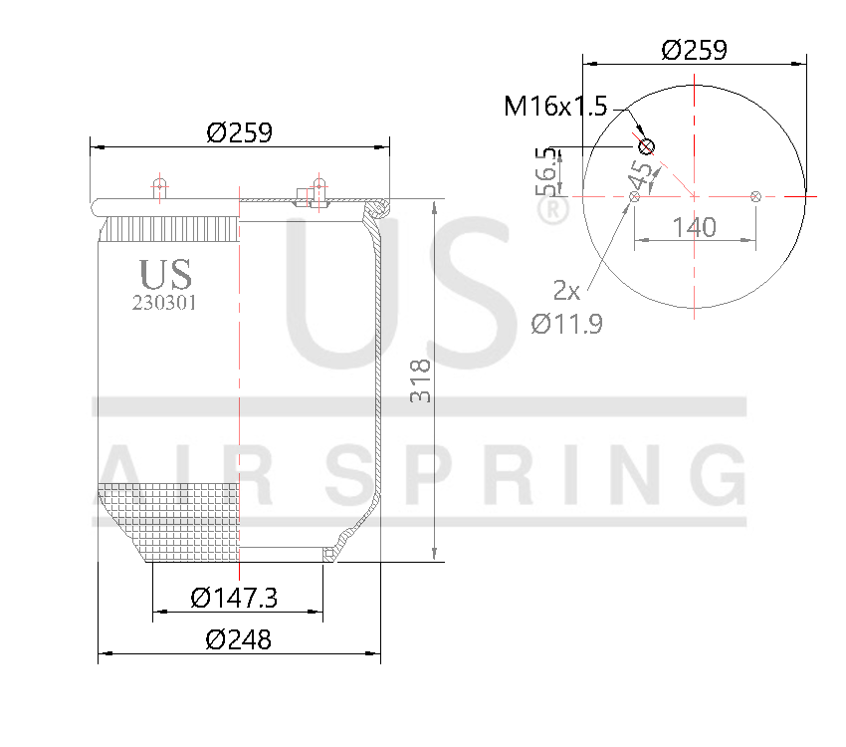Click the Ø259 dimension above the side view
(239, 131)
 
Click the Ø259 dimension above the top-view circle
(694, 49)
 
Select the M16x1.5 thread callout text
(554, 107)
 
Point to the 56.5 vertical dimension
(544, 171)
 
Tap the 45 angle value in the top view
(642, 177)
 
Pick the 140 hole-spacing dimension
(694, 227)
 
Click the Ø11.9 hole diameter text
(566, 324)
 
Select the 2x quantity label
(566, 291)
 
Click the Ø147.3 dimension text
(234, 598)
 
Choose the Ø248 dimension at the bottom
(238, 639)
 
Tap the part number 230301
(164, 304)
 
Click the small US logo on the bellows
(165, 274)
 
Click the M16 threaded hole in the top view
(646, 147)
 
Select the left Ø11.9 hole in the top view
(634, 196)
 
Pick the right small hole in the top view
(755, 196)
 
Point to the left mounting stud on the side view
(158, 187)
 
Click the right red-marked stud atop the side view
(318, 187)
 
